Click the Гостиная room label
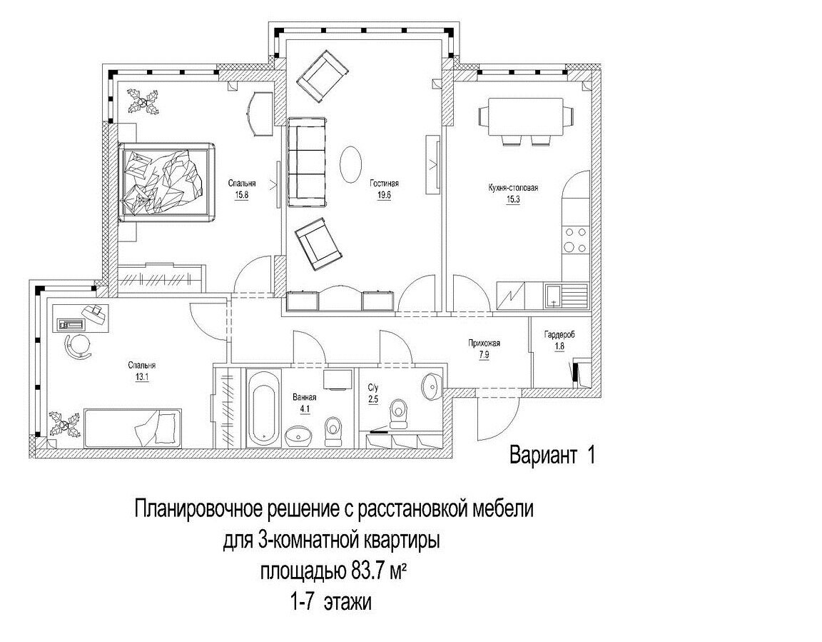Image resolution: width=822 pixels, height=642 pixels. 383,183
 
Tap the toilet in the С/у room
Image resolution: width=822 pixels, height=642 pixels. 399,413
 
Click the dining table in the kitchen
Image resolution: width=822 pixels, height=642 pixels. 525,116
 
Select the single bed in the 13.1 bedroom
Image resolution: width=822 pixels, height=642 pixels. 132,426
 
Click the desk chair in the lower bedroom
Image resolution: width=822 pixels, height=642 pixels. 76,346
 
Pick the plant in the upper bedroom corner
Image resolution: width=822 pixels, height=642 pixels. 144,101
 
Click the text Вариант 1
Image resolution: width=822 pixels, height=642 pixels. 552,455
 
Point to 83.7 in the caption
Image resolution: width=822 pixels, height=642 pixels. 368,572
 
